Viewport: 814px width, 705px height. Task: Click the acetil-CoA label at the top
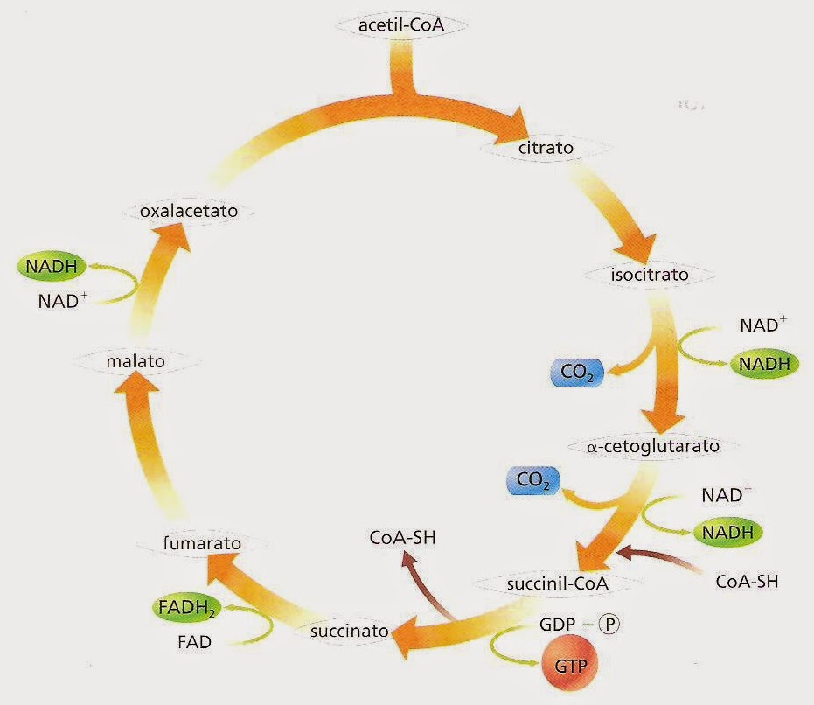(401, 25)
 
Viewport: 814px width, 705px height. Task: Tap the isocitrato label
(649, 275)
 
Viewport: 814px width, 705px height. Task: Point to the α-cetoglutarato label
(653, 447)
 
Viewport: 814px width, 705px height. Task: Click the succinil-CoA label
(557, 582)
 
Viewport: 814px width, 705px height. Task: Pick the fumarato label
(202, 544)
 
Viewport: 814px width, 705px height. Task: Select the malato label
(136, 359)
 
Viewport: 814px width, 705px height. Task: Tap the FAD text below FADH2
(194, 643)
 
